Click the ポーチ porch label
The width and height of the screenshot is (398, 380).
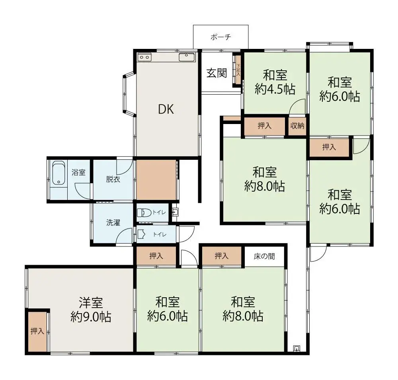click(x=221, y=37)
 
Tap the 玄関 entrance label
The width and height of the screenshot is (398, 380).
click(x=217, y=73)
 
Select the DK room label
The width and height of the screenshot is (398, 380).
click(x=166, y=109)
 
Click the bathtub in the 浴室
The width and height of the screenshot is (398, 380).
click(x=59, y=174)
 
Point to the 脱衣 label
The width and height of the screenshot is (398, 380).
click(x=112, y=179)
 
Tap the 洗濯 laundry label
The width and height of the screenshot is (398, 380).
click(x=113, y=223)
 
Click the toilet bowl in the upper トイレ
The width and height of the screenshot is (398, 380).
click(x=144, y=213)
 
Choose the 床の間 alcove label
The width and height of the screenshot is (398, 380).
click(x=264, y=256)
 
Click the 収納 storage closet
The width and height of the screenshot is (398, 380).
click(x=297, y=126)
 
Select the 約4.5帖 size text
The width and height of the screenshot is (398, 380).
click(x=275, y=89)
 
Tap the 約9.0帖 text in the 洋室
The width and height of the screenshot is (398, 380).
click(x=91, y=317)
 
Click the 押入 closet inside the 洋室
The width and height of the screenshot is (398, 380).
click(x=37, y=331)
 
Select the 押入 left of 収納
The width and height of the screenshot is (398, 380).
click(x=264, y=126)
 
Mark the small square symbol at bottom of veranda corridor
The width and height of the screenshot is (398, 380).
click(x=296, y=348)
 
